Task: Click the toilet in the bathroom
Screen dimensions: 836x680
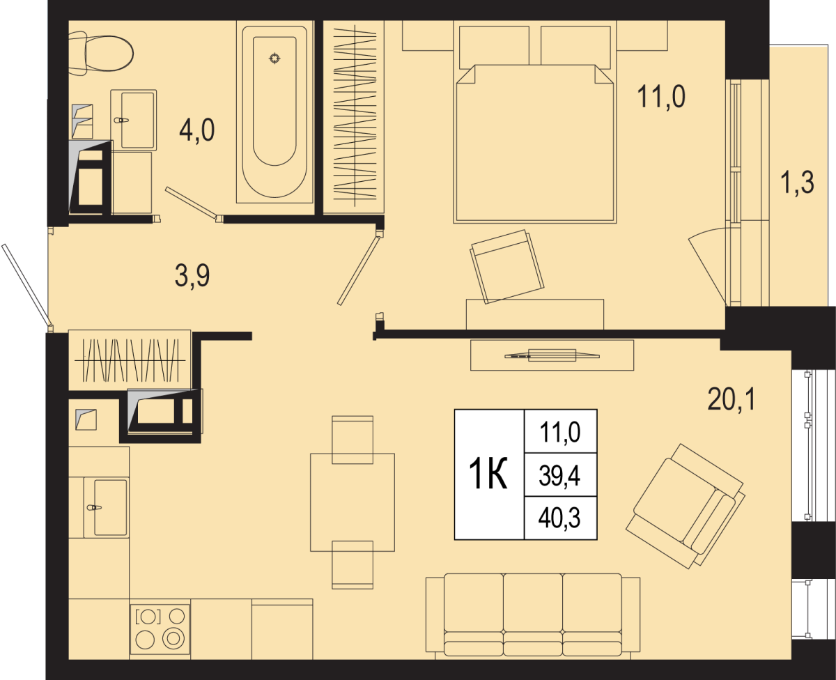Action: (101, 54)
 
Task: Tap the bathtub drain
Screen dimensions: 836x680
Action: (274, 59)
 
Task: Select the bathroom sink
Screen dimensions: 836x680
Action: (134, 120)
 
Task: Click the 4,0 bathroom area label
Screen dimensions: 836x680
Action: (196, 130)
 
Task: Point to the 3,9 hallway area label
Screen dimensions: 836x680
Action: (192, 276)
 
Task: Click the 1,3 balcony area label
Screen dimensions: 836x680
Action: (798, 183)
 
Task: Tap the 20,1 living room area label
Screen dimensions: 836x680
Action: (731, 399)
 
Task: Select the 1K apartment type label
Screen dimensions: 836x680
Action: (488, 474)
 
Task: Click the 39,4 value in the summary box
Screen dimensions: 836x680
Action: (559, 476)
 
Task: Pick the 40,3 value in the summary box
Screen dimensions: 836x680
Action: (559, 518)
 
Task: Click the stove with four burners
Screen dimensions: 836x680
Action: (160, 629)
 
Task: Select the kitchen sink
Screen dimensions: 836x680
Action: (106, 507)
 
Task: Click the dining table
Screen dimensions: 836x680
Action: (353, 502)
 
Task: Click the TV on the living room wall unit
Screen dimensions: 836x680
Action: (552, 355)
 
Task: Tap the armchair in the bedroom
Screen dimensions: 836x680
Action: (507, 266)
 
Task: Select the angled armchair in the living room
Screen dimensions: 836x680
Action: (686, 507)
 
